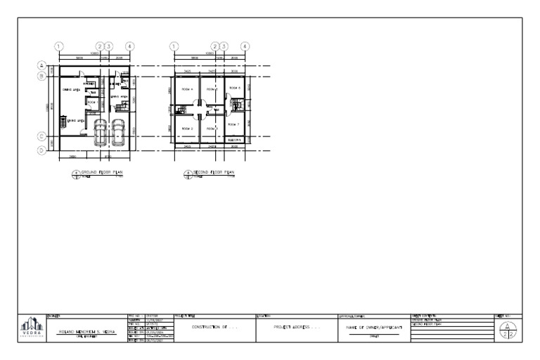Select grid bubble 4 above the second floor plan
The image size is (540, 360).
245,46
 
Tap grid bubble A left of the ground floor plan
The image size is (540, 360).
42,65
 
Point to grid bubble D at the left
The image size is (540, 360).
42,149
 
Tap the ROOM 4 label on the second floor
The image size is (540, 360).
186,90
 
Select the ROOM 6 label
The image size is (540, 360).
234,88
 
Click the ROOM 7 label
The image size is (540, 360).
233,124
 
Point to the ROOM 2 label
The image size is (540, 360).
186,129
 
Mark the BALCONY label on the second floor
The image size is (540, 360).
235,140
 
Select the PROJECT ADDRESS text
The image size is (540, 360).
295,328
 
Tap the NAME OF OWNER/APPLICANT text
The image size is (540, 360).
373,328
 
